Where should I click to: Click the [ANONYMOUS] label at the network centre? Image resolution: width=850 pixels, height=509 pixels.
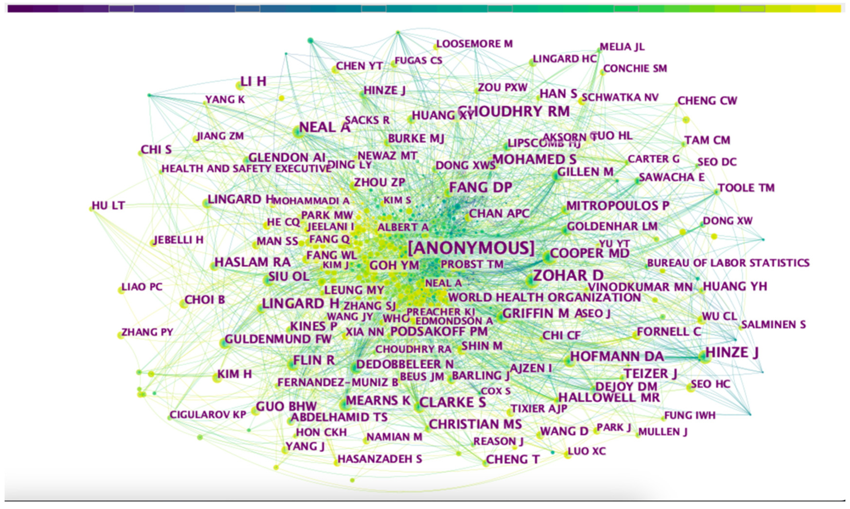471,248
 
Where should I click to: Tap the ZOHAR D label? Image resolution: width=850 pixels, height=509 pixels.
568,275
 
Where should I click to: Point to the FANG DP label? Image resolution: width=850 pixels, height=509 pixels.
480,187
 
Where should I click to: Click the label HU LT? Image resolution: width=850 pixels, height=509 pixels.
108,205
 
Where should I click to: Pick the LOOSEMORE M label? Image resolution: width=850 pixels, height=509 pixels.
474,44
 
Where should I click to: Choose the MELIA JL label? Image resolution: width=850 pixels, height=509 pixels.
622,47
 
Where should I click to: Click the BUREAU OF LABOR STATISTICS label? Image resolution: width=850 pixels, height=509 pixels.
728,263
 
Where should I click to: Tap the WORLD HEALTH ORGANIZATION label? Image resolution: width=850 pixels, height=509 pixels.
544,297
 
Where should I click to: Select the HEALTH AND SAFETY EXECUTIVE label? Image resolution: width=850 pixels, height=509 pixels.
246,169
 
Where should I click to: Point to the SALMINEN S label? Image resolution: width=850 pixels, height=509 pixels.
773,324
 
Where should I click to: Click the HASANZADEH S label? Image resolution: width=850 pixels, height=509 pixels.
380,459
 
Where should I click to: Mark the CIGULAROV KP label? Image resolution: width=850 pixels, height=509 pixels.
208,415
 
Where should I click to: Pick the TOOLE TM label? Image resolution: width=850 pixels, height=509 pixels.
746,188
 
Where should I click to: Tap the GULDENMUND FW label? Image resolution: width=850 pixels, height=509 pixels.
278,339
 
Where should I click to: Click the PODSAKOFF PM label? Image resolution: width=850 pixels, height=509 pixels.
439,331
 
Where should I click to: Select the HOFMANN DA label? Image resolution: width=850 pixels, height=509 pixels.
617,356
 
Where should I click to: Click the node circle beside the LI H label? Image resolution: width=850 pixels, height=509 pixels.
239,86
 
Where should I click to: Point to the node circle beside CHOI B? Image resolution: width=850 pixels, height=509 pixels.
183,304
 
